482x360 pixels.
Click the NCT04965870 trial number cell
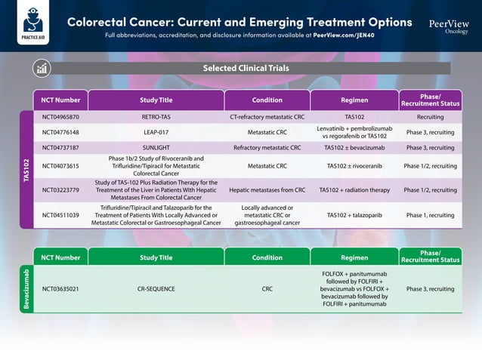(60, 117)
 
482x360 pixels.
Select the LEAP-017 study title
(156, 132)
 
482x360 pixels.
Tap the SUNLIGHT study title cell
(156, 148)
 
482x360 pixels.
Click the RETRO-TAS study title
(156, 117)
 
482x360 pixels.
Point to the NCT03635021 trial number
(60, 288)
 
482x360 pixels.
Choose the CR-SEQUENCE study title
(156, 288)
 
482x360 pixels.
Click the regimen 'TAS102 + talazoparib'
(354, 215)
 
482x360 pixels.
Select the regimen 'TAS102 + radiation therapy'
(354, 190)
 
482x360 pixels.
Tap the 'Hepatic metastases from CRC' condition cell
(267, 190)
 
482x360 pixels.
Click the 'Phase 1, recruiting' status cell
(430, 215)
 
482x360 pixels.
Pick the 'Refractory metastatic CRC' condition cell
(267, 148)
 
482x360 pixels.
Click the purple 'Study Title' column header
(156, 100)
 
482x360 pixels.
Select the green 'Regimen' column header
(354, 257)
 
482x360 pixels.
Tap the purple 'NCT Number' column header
(60, 100)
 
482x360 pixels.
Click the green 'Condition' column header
(267, 257)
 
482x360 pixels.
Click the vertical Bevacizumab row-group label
(26, 288)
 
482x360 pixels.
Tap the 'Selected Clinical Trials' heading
(246, 68)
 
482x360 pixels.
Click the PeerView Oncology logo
(448, 26)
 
